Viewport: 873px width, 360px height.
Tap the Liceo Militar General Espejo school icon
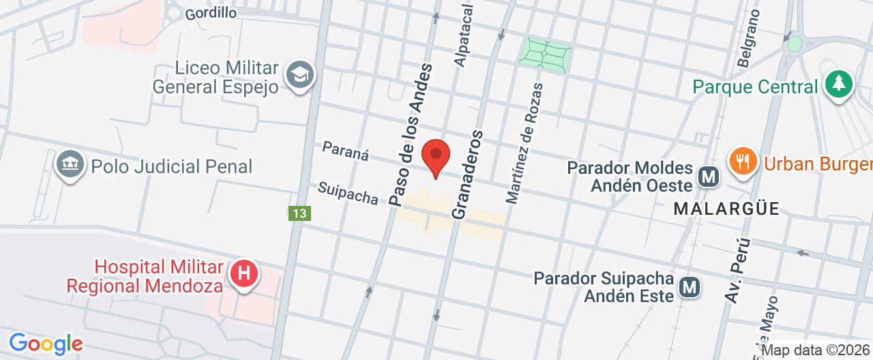click(299, 74)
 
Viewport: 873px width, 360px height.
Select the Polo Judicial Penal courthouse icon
click(70, 165)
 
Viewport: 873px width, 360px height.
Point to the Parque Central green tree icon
click(839, 85)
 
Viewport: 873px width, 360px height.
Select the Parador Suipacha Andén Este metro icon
click(690, 287)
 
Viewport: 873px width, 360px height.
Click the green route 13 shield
click(299, 213)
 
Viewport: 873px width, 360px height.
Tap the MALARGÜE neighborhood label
click(726, 209)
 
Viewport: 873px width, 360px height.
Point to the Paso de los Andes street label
click(411, 134)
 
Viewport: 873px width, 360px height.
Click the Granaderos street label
click(467, 174)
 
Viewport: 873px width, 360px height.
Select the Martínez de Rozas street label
click(524, 143)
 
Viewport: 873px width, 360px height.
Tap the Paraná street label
click(345, 151)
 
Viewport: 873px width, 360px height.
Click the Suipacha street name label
click(348, 193)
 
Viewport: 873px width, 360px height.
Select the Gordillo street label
click(211, 13)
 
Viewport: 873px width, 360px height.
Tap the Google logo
click(46, 344)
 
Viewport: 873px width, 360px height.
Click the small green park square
click(545, 54)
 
